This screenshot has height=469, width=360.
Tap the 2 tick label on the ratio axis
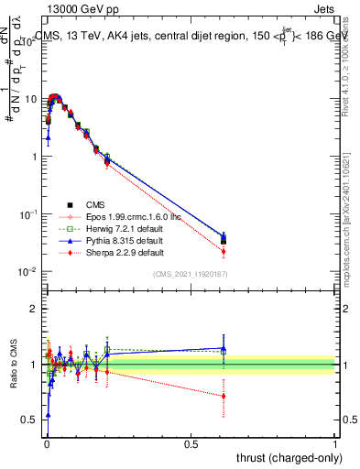(x=33, y=309)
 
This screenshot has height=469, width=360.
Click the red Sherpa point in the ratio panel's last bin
(x=224, y=397)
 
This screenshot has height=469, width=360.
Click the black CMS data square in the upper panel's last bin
(x=224, y=240)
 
